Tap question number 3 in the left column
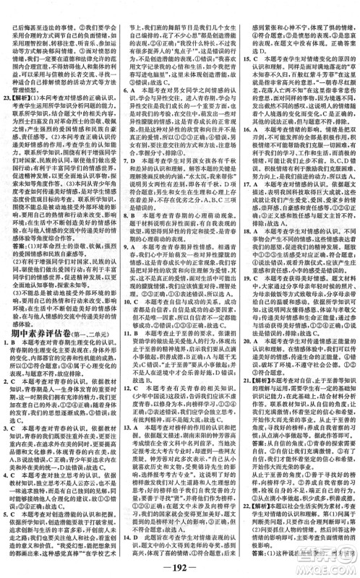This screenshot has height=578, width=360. point(7,417)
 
